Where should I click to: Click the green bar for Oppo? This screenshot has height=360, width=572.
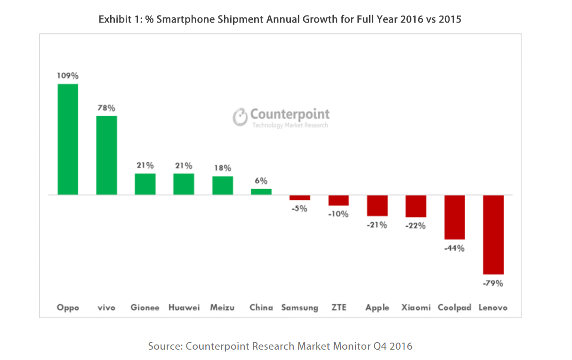[68, 139]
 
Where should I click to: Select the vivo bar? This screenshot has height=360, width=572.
[106, 155]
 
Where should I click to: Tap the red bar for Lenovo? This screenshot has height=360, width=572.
[493, 234]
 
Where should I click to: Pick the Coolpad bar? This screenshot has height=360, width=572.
[455, 217]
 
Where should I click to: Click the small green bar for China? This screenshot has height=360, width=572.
[261, 192]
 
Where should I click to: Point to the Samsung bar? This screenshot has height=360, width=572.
[300, 198]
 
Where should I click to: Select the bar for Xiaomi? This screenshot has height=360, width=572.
[416, 206]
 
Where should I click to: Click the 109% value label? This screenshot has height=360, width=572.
[68, 75]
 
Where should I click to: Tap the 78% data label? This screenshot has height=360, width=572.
[106, 108]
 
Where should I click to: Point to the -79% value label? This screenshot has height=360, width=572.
[493, 283]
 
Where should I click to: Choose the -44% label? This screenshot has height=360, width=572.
[454, 248]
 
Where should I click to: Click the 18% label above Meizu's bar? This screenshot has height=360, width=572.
[222, 168]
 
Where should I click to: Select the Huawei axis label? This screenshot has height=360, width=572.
[184, 308]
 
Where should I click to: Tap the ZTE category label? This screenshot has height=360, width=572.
[338, 308]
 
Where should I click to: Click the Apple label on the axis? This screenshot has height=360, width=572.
[378, 308]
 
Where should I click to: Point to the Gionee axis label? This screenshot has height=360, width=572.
[145, 308]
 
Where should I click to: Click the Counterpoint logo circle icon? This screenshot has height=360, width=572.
[240, 117]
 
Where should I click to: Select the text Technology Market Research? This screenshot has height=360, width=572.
[290, 125]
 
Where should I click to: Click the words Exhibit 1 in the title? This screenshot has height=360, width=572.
[118, 20]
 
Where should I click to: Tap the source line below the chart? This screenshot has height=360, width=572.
[280, 346]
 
